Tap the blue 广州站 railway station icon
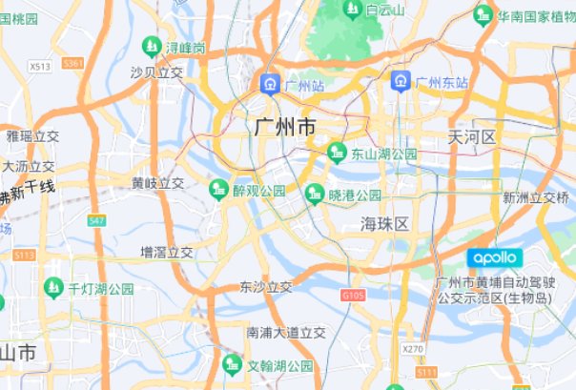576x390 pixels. [x=271, y=86]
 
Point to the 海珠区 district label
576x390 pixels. [x=384, y=224]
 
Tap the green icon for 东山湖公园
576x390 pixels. [x=337, y=153]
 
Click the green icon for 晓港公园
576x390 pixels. [x=314, y=195]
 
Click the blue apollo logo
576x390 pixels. [x=495, y=257]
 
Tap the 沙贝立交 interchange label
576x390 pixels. [x=156, y=72]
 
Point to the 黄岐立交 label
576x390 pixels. [x=158, y=183]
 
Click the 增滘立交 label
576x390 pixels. [x=167, y=253]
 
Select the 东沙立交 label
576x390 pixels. [x=266, y=286]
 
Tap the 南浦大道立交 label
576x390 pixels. [x=286, y=333]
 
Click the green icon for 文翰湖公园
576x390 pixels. [x=232, y=364]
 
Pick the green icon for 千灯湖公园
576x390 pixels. [x=54, y=287]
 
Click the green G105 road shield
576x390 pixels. [x=353, y=297]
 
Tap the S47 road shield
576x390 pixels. [x=96, y=220]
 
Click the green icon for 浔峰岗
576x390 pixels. [x=151, y=46]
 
